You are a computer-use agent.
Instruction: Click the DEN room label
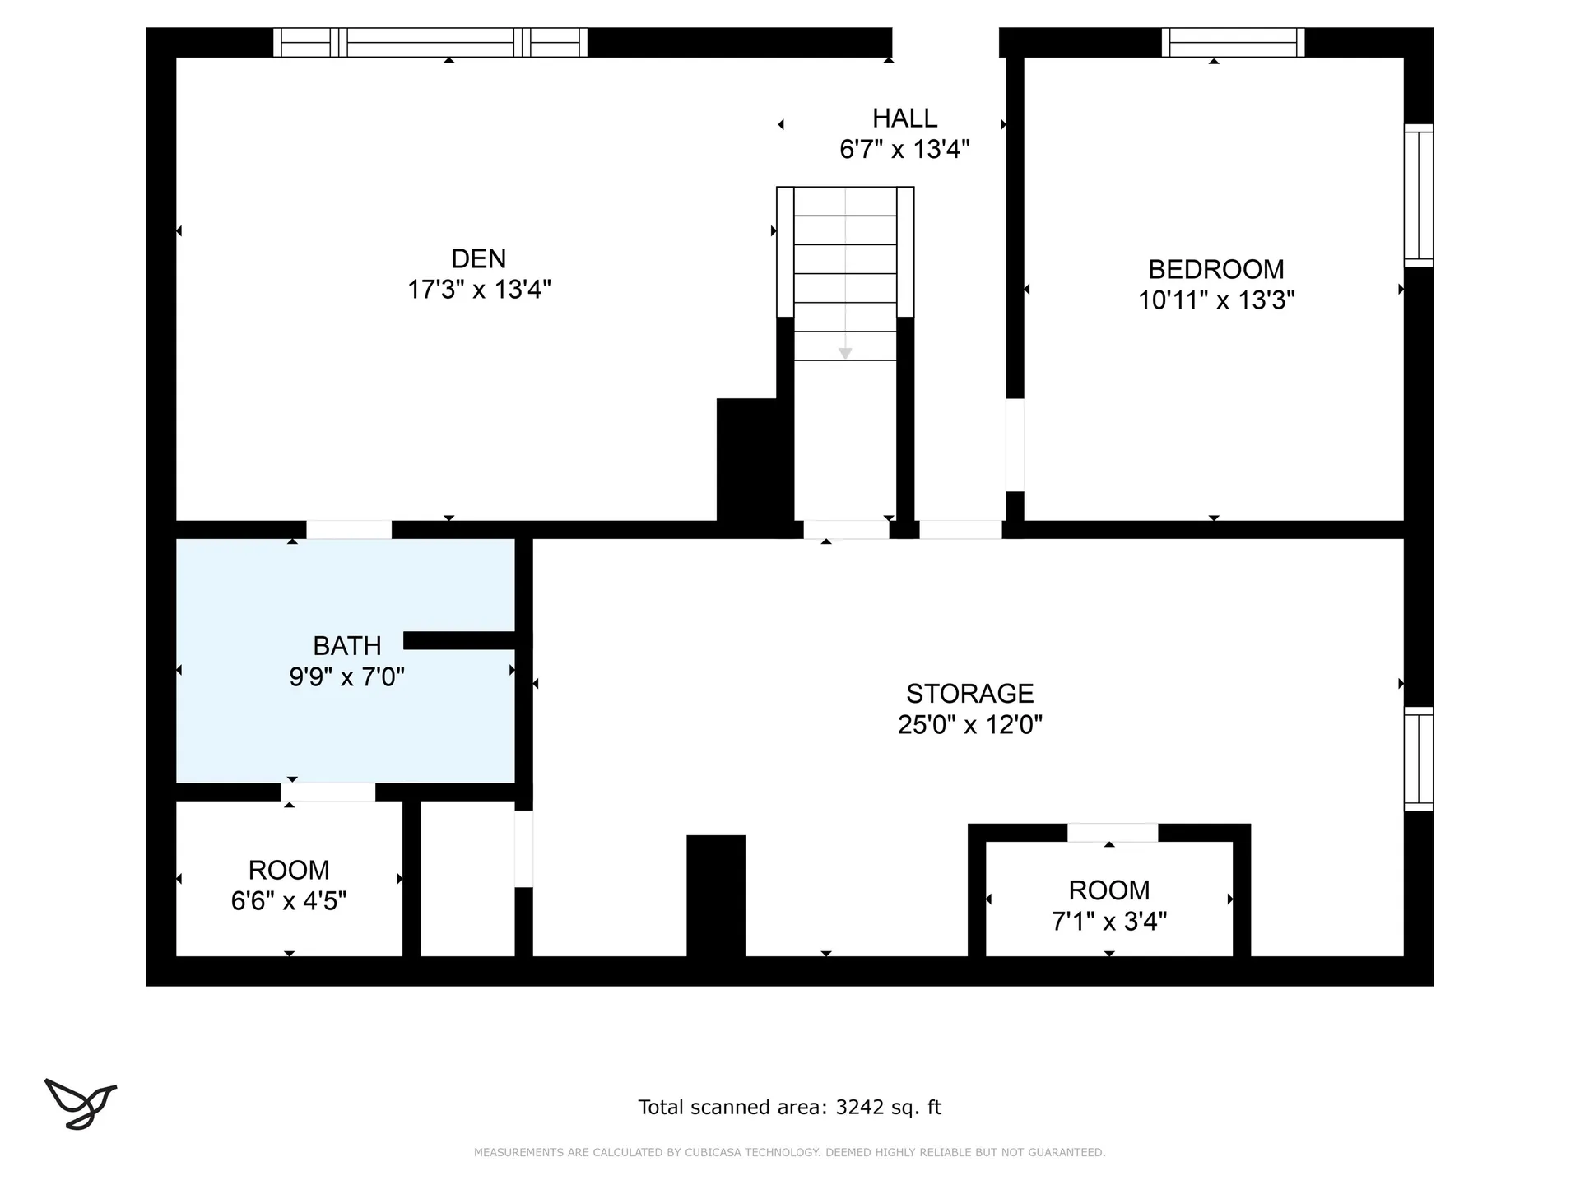coord(478,259)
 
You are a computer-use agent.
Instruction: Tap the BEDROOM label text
coord(1215,269)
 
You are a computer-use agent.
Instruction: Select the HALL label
coord(904,118)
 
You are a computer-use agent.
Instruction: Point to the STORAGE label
coord(969,694)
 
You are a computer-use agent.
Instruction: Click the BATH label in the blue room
coord(346,646)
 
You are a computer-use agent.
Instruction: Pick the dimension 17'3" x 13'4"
coord(479,290)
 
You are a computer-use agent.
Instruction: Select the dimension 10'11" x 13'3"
coord(1216,300)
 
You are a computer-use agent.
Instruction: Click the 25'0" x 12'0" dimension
coord(970,725)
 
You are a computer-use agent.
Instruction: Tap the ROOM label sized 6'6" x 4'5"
coord(289,870)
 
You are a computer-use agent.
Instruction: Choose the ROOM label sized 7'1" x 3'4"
coord(1109,890)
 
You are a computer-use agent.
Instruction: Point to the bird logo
coord(81,1104)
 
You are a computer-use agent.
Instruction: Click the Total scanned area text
coord(790,1108)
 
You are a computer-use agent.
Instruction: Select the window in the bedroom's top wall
coord(1233,42)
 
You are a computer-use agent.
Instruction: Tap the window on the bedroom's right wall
coord(1419,195)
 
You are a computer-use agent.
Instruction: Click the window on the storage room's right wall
coord(1419,759)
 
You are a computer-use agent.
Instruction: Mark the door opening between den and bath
coord(349,530)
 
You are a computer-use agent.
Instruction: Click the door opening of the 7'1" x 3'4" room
coord(1113,833)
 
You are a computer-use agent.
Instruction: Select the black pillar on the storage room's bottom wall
coord(716,896)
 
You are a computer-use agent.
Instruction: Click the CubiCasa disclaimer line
coord(790,1153)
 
